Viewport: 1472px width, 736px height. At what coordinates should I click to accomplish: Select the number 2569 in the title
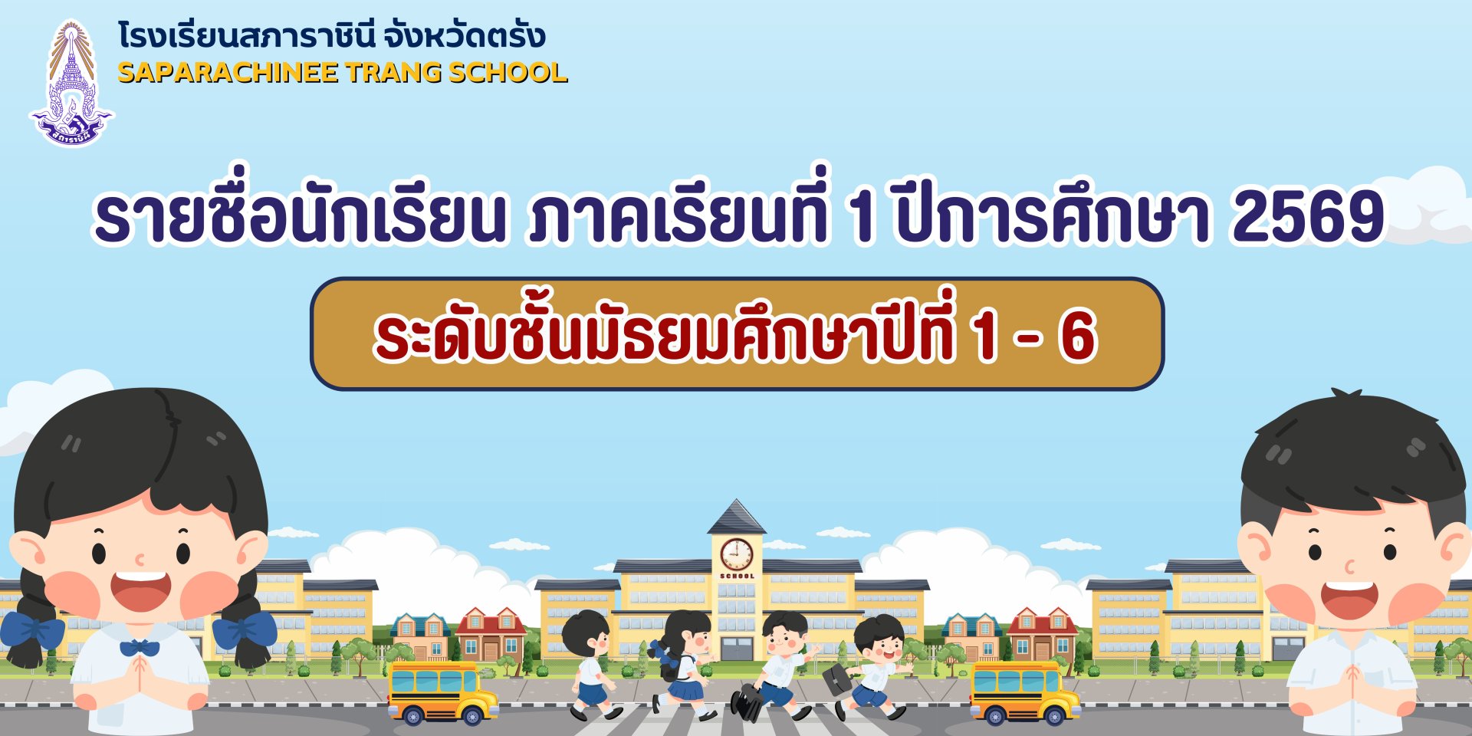1307,216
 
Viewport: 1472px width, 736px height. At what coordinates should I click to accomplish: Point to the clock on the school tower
736,554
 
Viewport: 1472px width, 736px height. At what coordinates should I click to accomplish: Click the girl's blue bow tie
140,649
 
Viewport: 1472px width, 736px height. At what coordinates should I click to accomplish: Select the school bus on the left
442,693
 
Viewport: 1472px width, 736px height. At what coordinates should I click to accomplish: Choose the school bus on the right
1024,693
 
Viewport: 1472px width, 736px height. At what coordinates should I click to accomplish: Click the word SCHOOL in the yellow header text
508,73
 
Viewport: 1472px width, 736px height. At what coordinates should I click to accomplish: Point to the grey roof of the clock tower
736,517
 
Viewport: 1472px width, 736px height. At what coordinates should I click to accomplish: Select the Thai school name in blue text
331,35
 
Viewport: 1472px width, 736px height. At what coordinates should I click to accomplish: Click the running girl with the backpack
682,663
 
